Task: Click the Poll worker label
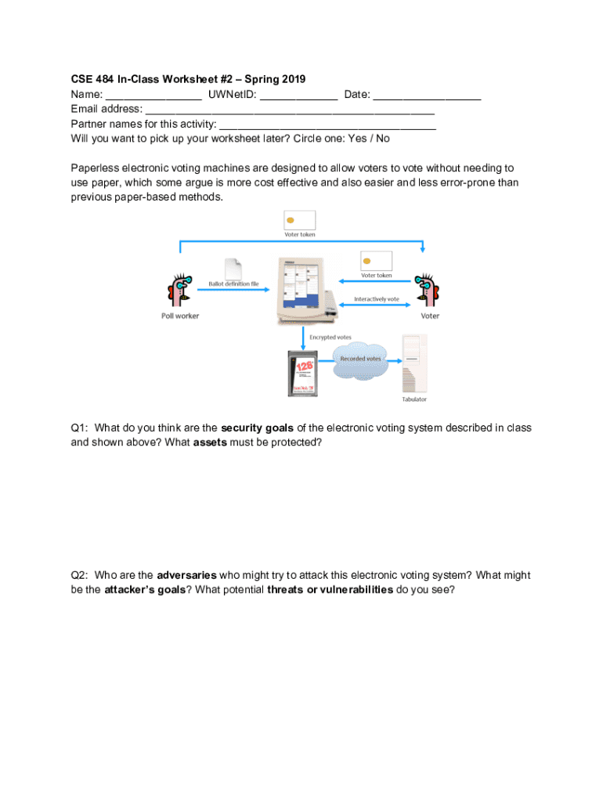tap(180, 316)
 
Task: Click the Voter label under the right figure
tap(430, 316)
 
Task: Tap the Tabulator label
tap(415, 399)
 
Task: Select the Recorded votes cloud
tap(360, 359)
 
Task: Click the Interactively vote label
tap(377, 299)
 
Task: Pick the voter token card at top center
tap(300, 220)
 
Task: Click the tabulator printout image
tap(413, 363)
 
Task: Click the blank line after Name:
tap(154, 96)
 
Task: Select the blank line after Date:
tap(427, 96)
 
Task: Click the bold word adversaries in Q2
tap(186, 575)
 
